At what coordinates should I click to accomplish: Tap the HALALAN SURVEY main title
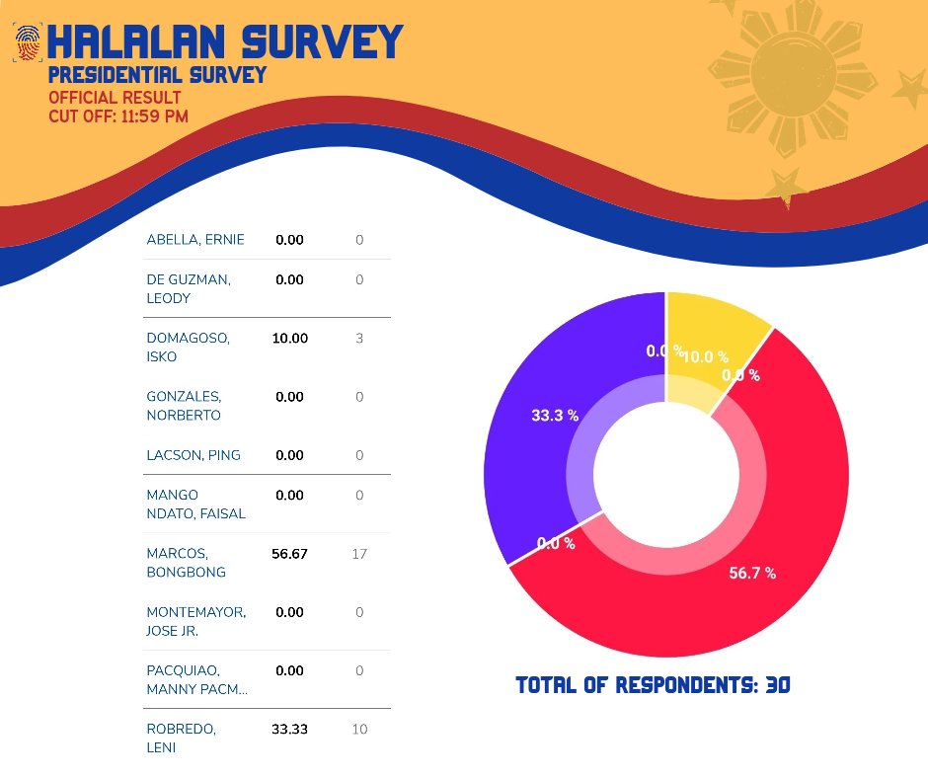coord(225,42)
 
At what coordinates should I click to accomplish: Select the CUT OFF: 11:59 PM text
coord(118,116)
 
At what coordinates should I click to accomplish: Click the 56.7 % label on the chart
coord(752,574)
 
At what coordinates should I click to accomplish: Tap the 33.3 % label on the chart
coord(555,416)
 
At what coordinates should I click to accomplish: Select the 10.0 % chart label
coord(705,356)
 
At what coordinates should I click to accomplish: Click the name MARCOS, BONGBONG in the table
coord(187,563)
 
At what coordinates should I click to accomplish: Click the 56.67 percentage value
coord(289,554)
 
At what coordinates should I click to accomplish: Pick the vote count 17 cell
coord(359,554)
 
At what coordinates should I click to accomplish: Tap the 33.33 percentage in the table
coord(289,730)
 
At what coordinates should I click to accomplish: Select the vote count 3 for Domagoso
coord(359,338)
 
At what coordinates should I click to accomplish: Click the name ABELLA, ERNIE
coord(195,239)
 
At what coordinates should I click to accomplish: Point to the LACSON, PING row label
coord(193,455)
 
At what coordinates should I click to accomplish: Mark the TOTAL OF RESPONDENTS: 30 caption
coord(653,685)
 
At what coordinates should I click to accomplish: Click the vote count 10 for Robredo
coord(359,730)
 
